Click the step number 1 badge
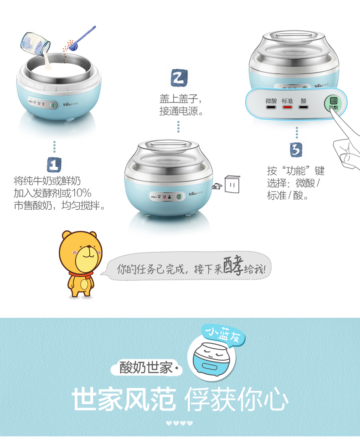click(54, 165)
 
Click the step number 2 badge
click(179, 78)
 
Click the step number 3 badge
click(296, 149)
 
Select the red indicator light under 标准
click(287, 108)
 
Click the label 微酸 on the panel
click(271, 101)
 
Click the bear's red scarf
click(80, 274)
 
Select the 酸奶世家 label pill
click(146, 367)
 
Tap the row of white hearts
click(180, 423)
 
